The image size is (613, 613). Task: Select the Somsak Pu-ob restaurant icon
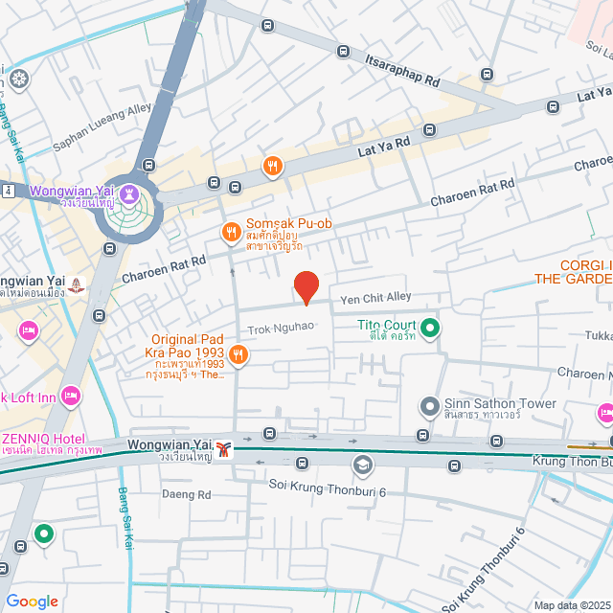click(230, 231)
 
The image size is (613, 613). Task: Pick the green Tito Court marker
click(431, 329)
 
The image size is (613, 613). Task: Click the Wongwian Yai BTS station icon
click(224, 448)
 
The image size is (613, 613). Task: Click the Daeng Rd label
click(187, 495)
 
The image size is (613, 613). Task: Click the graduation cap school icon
click(362, 465)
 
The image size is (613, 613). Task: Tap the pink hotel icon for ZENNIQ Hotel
click(70, 396)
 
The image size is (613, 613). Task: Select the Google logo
click(32, 601)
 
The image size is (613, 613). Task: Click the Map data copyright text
click(569, 604)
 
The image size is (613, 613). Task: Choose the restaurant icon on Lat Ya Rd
click(273, 167)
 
